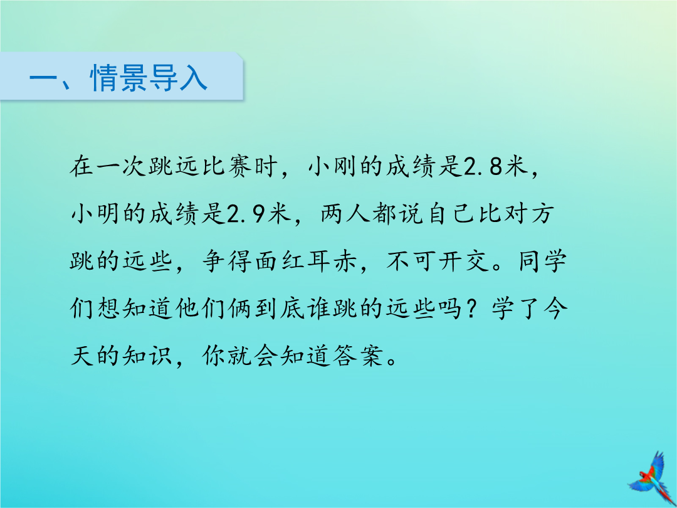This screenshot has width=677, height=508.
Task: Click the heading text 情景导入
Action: click(149, 78)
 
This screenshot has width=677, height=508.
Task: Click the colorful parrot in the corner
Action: click(651, 478)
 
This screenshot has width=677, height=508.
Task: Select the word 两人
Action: click(346, 214)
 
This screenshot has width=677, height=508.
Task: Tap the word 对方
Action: click(529, 214)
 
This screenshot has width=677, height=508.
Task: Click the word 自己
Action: click(451, 214)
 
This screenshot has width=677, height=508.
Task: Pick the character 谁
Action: click(320, 309)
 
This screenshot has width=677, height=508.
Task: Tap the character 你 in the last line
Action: click(214, 356)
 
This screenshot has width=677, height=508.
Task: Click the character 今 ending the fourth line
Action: click(555, 309)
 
